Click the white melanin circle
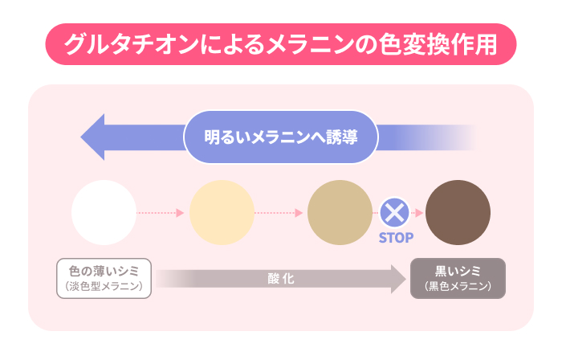pos(104,213)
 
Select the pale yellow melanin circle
pos(222,213)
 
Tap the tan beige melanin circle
pos(340,213)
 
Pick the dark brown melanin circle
pos(458,213)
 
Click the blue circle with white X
pos(394,213)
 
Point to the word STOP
pos(396,237)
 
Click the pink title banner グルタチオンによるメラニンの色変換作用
pos(281,44)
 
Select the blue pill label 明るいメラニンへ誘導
pos(281,137)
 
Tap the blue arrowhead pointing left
pos(92,137)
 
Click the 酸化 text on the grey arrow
pos(281,279)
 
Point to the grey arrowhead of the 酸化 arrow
pos(398,279)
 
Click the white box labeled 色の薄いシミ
pos(104,278)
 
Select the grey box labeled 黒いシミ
pos(458,278)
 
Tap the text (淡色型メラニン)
pos(104,286)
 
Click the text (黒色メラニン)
pos(458,286)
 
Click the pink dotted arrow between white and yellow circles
pos(161,213)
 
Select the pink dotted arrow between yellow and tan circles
pos(279,213)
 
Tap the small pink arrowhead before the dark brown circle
pos(419,213)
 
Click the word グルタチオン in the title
pos(131,44)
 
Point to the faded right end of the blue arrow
pos(466,137)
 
